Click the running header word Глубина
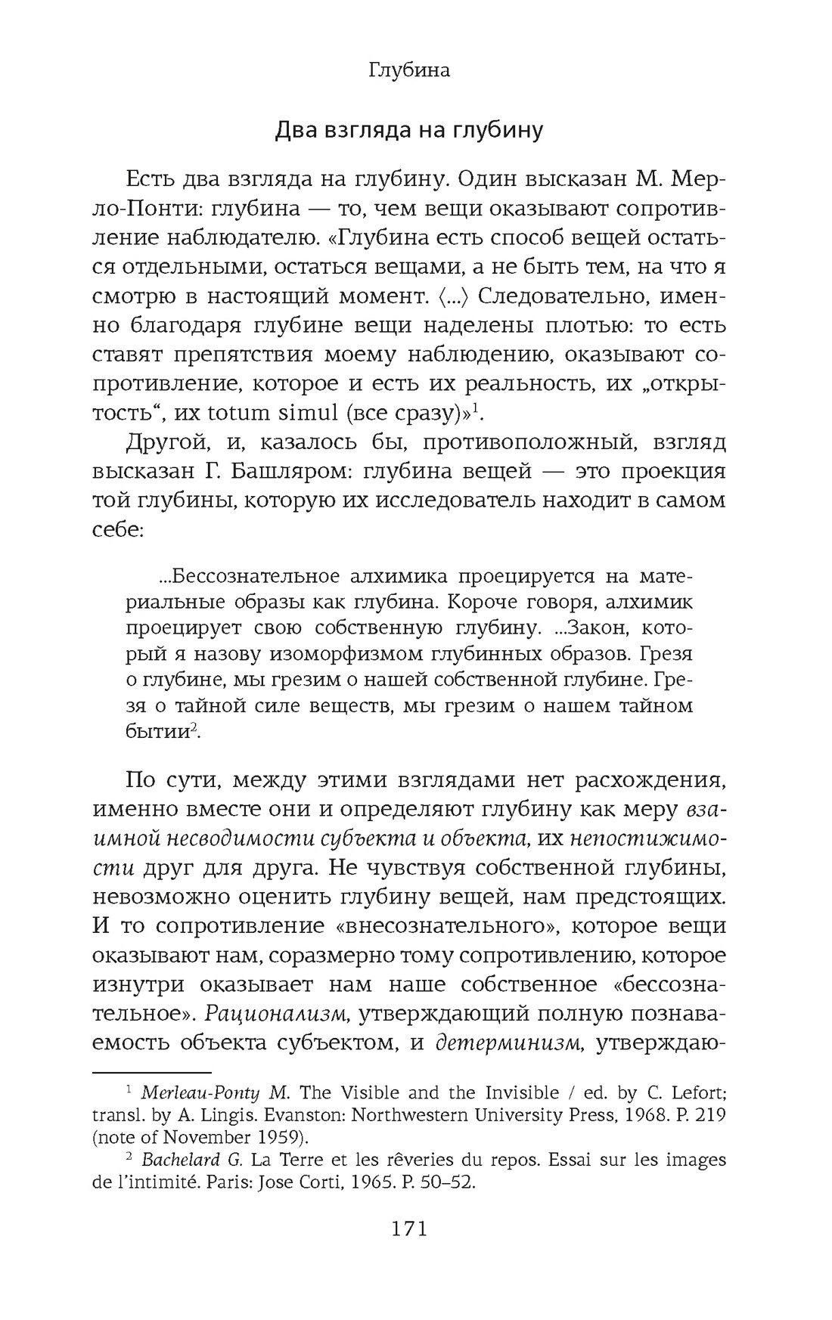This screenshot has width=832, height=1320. [409, 70]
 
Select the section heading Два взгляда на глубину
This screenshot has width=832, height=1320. [408, 130]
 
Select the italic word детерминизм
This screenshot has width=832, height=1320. [508, 1043]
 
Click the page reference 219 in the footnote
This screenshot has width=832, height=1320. [710, 1115]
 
